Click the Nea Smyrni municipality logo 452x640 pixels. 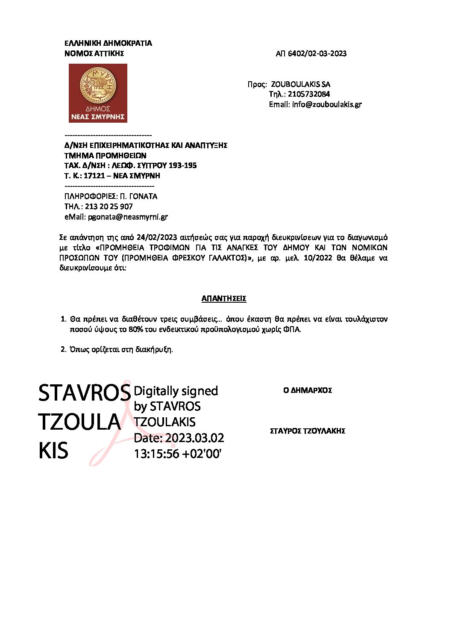point(98,93)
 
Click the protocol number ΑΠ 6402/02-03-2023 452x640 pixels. point(311,53)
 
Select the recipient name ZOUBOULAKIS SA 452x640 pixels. point(300,84)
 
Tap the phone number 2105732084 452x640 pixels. point(308,94)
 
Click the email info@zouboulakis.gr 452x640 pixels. point(327,104)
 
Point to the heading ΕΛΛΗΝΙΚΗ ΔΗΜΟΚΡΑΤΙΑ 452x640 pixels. point(108,43)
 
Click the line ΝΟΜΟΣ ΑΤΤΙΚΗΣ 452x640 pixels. point(94,53)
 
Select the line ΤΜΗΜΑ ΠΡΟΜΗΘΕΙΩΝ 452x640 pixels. point(105,155)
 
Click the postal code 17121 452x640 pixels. point(94,176)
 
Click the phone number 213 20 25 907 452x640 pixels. point(109,206)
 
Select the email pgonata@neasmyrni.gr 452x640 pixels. point(128,217)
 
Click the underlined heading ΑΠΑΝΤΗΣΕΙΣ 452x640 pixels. point(224,298)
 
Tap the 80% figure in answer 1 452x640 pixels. point(135,329)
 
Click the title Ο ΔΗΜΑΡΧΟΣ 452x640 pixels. point(308,390)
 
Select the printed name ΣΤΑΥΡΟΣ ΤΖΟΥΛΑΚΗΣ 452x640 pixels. point(308,431)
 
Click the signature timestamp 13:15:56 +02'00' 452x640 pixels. point(178,454)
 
